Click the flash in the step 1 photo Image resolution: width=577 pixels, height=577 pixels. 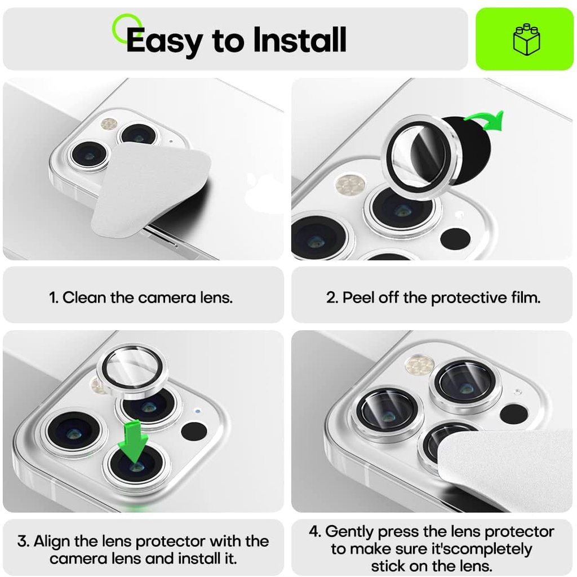click(x=109, y=125)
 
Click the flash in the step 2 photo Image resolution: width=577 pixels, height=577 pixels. click(x=350, y=185)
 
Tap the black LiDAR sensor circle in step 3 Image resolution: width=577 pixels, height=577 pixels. click(x=194, y=431)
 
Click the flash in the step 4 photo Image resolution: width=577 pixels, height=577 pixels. click(x=419, y=365)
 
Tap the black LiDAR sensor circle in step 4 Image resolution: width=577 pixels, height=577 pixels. click(x=513, y=414)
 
